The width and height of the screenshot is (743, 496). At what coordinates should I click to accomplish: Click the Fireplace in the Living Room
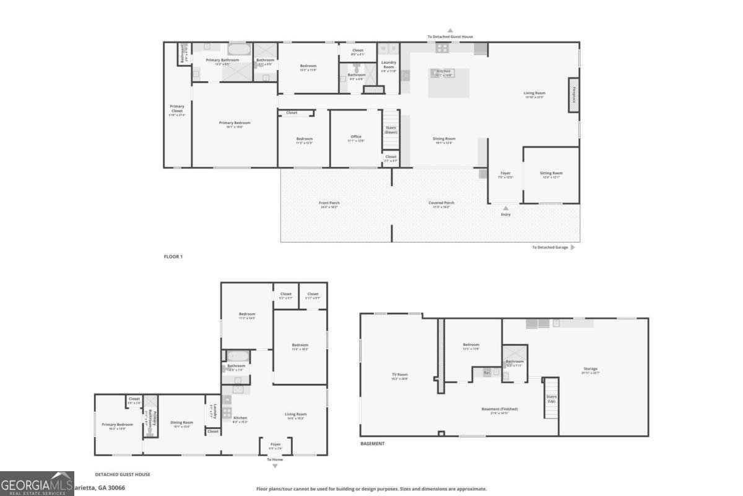coord(574,94)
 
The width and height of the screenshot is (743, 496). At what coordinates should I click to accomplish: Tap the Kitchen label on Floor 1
coord(444,71)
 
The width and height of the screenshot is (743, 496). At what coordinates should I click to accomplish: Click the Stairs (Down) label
coord(391,130)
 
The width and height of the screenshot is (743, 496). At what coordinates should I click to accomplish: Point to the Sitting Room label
coord(552,174)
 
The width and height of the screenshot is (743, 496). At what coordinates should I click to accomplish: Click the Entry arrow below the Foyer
coord(506,208)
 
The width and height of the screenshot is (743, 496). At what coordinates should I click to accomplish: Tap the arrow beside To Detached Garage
coord(573,247)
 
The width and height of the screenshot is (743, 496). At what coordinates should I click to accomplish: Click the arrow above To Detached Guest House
coord(450,30)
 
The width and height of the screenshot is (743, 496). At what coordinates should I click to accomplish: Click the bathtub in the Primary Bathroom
coord(239,49)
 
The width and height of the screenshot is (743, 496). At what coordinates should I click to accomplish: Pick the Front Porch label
coord(329,203)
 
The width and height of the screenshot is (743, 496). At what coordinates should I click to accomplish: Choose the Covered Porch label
coord(441,203)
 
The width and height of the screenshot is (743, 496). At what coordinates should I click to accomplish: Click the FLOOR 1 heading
coord(173,256)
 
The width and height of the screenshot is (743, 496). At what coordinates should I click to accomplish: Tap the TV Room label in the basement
coord(399,374)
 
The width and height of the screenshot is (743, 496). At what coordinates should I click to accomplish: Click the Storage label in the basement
coord(590,369)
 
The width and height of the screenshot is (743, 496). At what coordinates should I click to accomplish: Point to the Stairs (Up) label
coord(551,399)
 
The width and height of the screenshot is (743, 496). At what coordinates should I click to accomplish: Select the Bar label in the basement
coord(487,373)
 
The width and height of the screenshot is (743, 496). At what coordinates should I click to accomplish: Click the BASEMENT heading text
coord(373,444)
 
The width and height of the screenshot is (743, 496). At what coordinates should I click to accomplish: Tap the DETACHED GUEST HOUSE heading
coord(123,474)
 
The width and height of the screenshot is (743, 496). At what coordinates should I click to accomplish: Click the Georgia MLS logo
coord(37,483)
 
